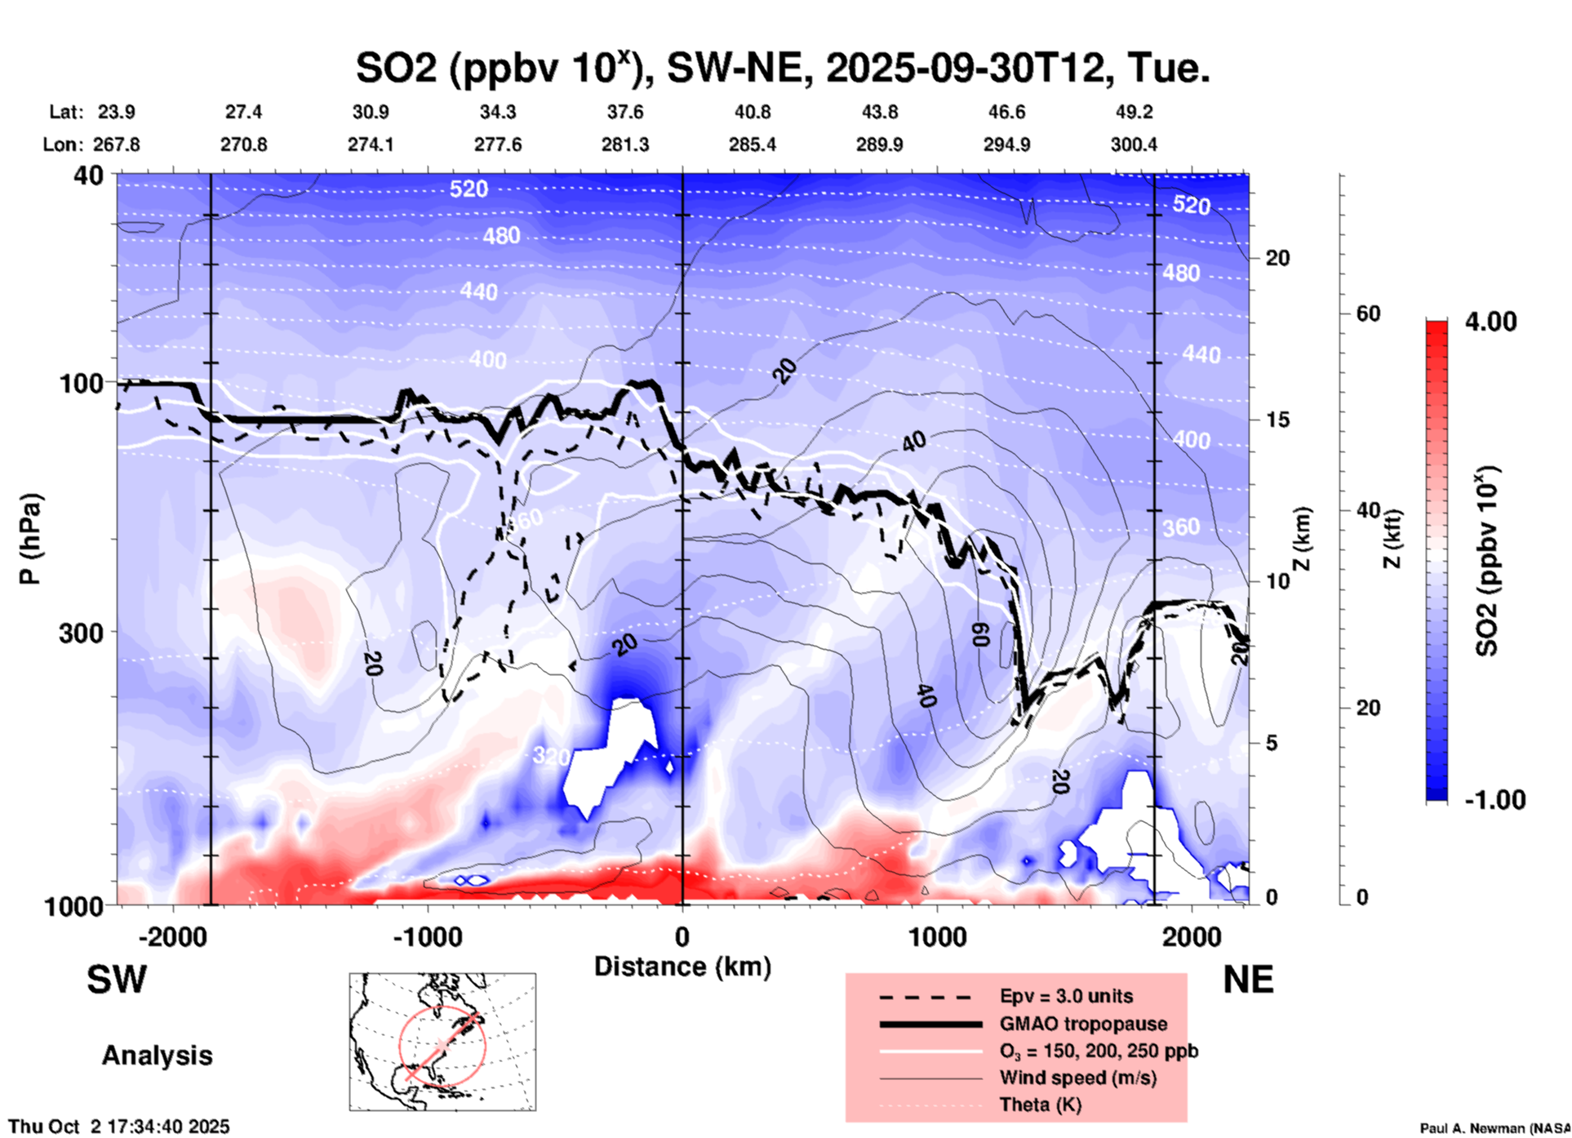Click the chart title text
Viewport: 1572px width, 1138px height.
(x=782, y=69)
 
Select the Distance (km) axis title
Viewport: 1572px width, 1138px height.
(x=682, y=967)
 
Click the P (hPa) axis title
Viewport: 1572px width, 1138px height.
(x=29, y=539)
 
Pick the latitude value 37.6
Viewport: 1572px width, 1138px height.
(x=625, y=112)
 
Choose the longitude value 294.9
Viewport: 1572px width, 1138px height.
(x=1006, y=144)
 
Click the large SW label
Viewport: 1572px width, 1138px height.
(x=117, y=980)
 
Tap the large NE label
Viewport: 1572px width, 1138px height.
(x=1248, y=980)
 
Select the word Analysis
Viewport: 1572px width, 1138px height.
(x=157, y=1056)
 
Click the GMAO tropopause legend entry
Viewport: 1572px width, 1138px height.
(x=1083, y=1024)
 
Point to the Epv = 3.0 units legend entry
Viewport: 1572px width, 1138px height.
(x=1066, y=996)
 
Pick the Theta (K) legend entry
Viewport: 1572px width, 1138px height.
(x=1040, y=1105)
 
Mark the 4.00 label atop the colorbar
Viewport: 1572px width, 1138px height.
(x=1490, y=322)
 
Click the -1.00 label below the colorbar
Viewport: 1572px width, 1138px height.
(x=1494, y=800)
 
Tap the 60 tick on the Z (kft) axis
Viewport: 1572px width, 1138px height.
(x=1367, y=313)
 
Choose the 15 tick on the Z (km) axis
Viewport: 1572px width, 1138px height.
(x=1277, y=420)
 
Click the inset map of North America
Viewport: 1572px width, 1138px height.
(x=442, y=1042)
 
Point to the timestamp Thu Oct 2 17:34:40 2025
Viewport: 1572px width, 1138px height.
(x=119, y=1127)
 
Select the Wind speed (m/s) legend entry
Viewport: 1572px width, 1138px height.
(x=1077, y=1078)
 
